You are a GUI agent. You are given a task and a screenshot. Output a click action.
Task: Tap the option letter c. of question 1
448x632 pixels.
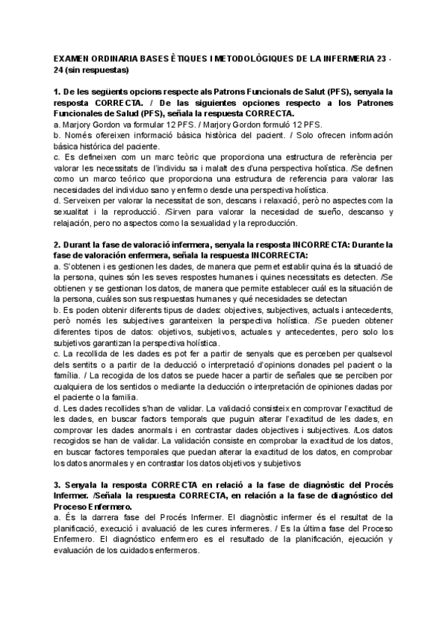click(57, 157)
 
